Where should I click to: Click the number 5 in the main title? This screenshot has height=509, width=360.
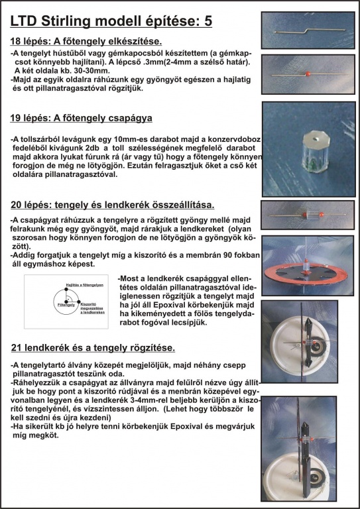click(x=208, y=21)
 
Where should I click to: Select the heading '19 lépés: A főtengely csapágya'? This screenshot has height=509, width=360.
click(x=81, y=118)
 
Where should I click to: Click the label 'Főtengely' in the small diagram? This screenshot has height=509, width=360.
click(x=64, y=304)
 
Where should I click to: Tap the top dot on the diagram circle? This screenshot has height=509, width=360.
click(x=66, y=288)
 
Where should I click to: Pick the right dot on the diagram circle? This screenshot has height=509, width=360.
click(x=79, y=302)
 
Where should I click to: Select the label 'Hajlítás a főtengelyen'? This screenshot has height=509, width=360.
click(x=85, y=285)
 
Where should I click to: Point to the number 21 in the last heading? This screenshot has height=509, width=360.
click(x=16, y=348)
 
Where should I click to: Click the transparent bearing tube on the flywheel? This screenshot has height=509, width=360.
click(x=306, y=267)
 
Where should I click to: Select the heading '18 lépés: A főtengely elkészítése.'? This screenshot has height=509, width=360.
click(x=86, y=42)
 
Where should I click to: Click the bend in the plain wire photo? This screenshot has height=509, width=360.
click(x=306, y=31)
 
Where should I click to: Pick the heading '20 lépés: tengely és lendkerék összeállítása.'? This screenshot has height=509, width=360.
click(x=112, y=205)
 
